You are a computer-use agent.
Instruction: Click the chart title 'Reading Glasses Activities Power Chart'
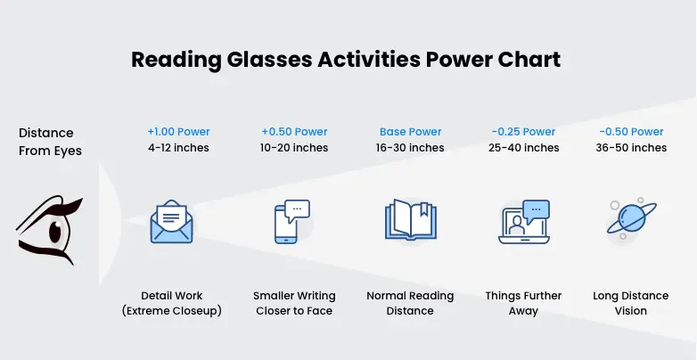pyautogui.click(x=346, y=60)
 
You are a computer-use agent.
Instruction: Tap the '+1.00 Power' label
pyautogui.click(x=178, y=132)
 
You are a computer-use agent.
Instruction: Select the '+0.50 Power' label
pyautogui.click(x=294, y=132)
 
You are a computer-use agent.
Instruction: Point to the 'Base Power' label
pyautogui.click(x=410, y=132)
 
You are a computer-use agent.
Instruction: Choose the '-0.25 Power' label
pyautogui.click(x=523, y=132)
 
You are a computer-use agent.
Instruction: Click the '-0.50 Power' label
pyautogui.click(x=631, y=132)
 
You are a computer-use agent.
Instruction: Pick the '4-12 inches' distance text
pyautogui.click(x=178, y=148)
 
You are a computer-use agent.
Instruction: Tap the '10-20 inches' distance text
pyautogui.click(x=294, y=148)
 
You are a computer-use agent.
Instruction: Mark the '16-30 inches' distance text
pyautogui.click(x=410, y=148)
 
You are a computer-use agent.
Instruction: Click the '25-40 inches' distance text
pyautogui.click(x=523, y=148)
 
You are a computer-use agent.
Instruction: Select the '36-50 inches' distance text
pyautogui.click(x=631, y=148)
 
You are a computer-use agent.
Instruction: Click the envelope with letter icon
pyautogui.click(x=172, y=221)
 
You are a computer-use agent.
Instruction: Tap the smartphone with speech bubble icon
pyautogui.click(x=291, y=221)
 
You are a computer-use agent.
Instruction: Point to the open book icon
pyautogui.click(x=411, y=220)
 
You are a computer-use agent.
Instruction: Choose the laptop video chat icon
pyautogui.click(x=524, y=222)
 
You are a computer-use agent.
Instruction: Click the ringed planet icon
pyautogui.click(x=632, y=218)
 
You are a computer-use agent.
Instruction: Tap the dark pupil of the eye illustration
pyautogui.click(x=55, y=231)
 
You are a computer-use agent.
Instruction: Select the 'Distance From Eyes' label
pyautogui.click(x=50, y=142)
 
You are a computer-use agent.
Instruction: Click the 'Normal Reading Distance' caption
pyautogui.click(x=410, y=303)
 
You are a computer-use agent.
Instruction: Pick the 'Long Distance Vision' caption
pyautogui.click(x=631, y=303)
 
